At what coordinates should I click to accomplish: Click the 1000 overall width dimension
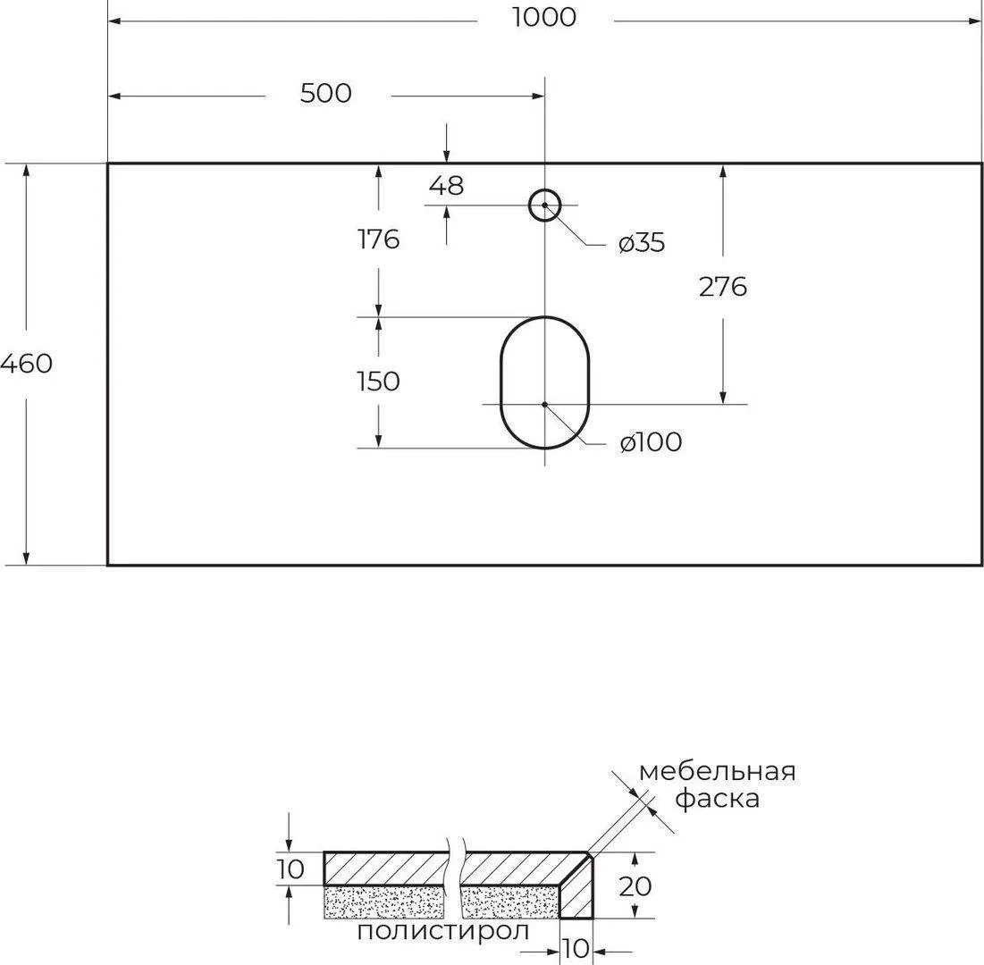click(544, 18)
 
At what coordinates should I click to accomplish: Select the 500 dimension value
click(325, 94)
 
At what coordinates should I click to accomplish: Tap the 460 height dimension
click(26, 364)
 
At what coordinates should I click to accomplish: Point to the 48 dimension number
click(446, 186)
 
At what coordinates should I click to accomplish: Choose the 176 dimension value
click(378, 239)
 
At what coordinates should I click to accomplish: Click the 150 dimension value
click(378, 382)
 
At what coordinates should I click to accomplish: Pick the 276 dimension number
click(723, 287)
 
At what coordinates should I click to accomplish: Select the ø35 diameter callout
click(642, 243)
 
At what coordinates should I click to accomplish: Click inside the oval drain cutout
click(544, 382)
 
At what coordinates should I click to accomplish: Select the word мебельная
click(718, 772)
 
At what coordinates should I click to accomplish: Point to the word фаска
click(718, 799)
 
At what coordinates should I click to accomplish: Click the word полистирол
click(443, 931)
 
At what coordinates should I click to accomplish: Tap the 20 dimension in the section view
click(635, 886)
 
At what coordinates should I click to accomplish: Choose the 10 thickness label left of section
click(290, 869)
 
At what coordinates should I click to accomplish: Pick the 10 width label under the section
click(576, 949)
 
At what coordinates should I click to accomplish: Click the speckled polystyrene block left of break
click(387, 902)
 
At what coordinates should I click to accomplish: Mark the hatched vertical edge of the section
click(576, 886)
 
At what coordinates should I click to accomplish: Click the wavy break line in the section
click(456, 878)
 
